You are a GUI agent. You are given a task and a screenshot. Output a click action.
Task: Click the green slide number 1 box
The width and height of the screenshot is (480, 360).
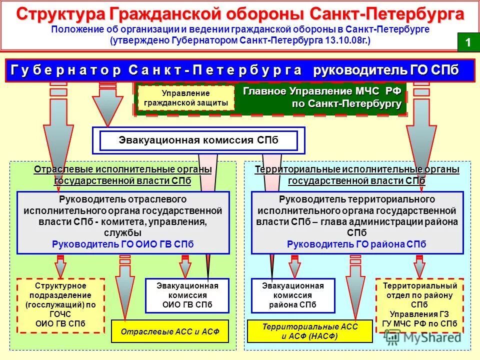[x=468, y=42]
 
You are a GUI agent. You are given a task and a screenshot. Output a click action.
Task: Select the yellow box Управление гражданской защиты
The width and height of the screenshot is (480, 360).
[x=185, y=98]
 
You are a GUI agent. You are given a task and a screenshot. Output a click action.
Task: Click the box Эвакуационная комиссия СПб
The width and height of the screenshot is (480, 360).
[x=198, y=140]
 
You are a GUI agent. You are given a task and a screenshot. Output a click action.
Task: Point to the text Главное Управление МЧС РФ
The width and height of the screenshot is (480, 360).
[x=321, y=92]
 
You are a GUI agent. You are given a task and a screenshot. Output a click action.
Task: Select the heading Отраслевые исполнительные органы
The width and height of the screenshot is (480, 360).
[x=123, y=170]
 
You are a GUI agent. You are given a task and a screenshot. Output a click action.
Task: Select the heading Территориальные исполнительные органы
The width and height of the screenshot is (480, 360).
[x=357, y=170]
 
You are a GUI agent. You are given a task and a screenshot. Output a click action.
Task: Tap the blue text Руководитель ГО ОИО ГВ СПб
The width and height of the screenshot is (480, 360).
[x=123, y=244]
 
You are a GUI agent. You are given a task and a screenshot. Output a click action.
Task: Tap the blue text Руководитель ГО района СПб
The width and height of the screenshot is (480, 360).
[x=356, y=244]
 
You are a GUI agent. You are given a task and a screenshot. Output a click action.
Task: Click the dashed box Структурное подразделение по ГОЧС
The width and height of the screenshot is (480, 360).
[x=60, y=305]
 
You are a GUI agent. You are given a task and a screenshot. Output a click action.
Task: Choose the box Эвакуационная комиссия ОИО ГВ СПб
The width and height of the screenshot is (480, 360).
[x=187, y=295]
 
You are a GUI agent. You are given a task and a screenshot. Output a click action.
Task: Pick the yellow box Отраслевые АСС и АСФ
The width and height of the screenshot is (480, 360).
[x=169, y=331]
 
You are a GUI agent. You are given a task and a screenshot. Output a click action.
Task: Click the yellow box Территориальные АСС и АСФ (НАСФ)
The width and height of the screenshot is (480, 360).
[x=310, y=331]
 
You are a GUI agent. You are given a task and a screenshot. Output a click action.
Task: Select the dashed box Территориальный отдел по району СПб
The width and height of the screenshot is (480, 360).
[x=419, y=305]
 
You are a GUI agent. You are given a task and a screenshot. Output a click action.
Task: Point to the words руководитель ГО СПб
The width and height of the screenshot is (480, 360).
[x=385, y=70]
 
